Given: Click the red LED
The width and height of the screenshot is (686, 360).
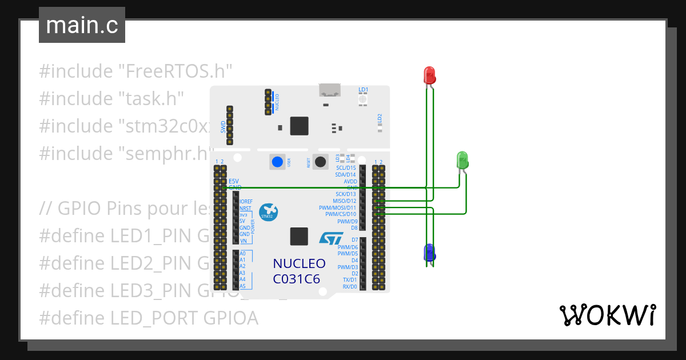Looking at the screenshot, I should click(429, 75).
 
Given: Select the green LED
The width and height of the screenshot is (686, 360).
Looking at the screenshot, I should click(463, 159).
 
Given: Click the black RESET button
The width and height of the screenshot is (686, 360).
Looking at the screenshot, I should click(321, 162).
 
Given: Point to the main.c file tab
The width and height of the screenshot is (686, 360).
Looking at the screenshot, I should click(82, 25).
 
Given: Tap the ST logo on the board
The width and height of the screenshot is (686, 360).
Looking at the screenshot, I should click(331, 238).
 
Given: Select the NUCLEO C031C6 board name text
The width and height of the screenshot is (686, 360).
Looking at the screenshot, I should click(299, 271).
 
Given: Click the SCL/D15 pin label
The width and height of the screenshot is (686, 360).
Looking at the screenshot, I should click(345, 168).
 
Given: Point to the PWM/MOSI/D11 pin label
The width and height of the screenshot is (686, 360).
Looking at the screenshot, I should click(337, 208).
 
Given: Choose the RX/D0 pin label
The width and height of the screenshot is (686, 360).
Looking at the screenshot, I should click(349, 287).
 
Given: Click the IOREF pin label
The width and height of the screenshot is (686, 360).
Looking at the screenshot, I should click(246, 202).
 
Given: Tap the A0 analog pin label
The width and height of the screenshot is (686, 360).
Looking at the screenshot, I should click(242, 253).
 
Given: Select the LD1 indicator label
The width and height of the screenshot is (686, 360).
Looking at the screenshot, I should click(363, 90).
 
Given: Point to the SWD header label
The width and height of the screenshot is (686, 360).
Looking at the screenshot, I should click(223, 126).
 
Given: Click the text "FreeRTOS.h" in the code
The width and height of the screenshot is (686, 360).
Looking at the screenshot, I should click(175, 71).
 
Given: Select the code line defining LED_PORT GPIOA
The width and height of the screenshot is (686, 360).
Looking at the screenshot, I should click(149, 318).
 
